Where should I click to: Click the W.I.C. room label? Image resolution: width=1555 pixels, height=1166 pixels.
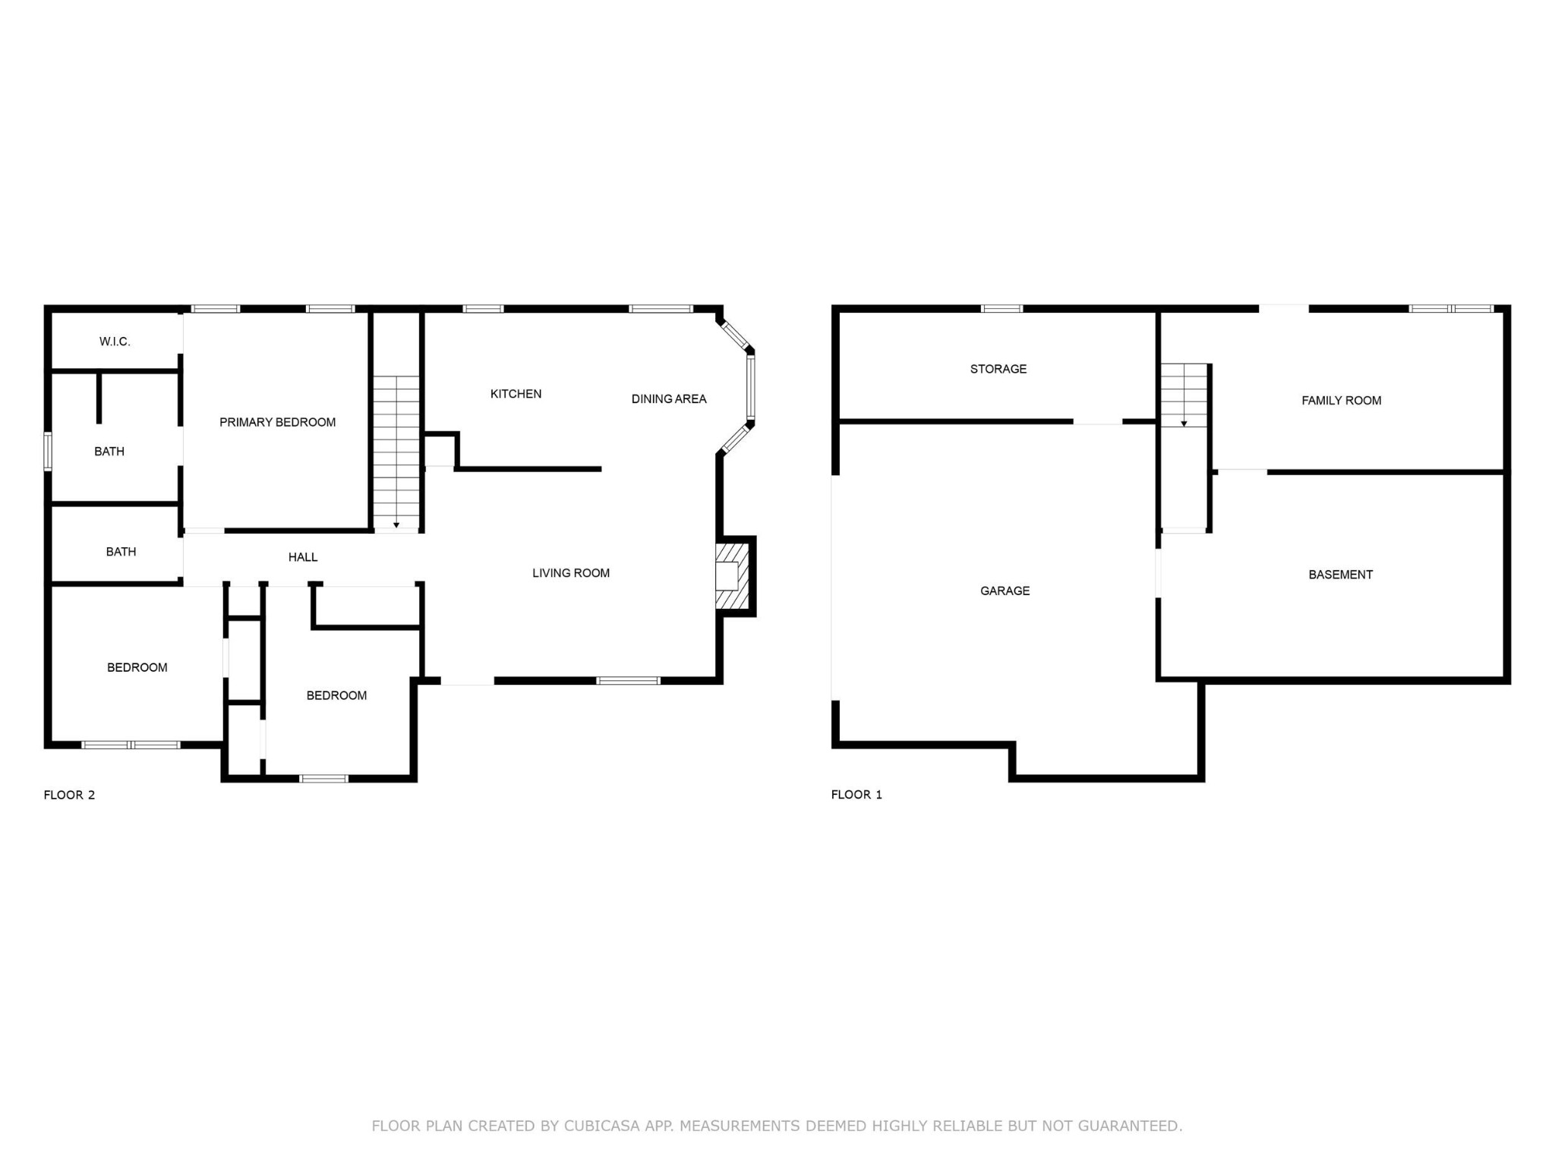(x=115, y=342)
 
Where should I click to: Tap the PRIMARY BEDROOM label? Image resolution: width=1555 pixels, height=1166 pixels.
(x=277, y=422)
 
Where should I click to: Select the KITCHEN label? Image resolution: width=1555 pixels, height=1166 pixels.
(x=516, y=393)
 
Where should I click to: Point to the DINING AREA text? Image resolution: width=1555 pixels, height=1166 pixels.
(x=669, y=399)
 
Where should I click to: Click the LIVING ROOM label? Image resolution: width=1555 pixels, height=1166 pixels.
(x=571, y=573)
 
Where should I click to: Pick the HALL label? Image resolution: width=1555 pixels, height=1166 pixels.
(x=303, y=557)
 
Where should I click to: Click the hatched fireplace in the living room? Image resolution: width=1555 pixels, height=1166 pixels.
(x=733, y=576)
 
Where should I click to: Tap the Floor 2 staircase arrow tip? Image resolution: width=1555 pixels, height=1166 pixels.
(x=396, y=525)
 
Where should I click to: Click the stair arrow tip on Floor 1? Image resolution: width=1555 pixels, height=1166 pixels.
(x=1184, y=424)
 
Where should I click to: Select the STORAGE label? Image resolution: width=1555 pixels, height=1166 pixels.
(x=998, y=369)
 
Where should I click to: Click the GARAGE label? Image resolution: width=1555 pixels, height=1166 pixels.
(x=1005, y=591)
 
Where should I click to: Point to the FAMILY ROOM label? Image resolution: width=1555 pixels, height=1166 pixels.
(x=1341, y=401)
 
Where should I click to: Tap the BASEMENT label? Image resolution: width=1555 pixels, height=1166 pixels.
(x=1340, y=575)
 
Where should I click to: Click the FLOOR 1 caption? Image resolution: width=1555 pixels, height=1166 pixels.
(x=856, y=795)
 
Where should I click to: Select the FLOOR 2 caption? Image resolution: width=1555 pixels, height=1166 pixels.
(x=69, y=795)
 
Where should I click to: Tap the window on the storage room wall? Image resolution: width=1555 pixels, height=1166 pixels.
(x=1001, y=309)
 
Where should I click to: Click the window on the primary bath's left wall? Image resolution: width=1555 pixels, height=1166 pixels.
(x=48, y=452)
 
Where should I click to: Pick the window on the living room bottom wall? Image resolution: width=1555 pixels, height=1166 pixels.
(x=628, y=681)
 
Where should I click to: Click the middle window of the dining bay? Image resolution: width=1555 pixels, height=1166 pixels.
(x=750, y=387)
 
